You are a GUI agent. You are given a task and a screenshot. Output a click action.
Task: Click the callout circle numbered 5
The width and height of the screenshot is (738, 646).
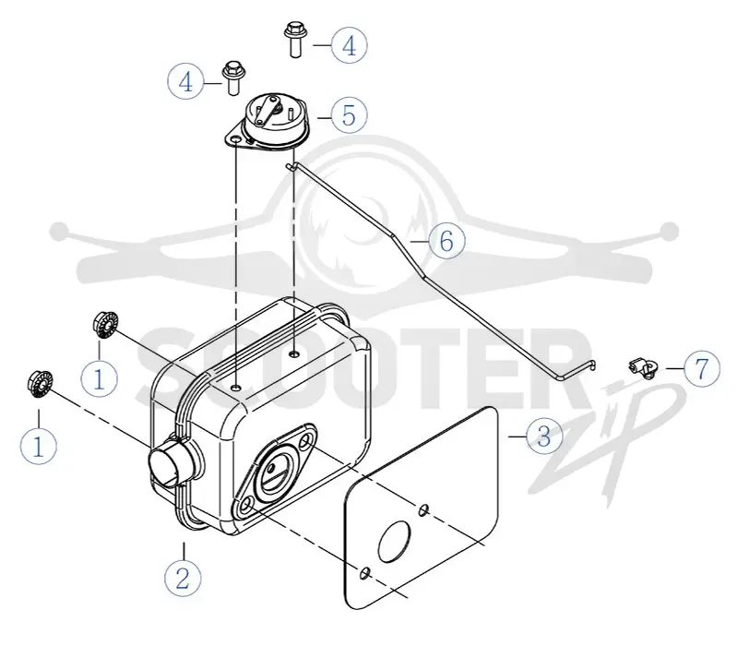click(349, 114)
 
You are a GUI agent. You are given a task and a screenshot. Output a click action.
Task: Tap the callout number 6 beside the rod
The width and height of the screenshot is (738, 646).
click(446, 241)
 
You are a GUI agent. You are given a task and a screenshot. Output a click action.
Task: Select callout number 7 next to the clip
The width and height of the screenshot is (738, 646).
click(701, 368)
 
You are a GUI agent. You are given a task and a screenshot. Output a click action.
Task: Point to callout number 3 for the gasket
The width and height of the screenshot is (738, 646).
click(544, 436)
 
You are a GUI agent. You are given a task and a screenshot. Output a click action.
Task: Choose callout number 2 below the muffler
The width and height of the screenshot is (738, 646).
click(183, 578)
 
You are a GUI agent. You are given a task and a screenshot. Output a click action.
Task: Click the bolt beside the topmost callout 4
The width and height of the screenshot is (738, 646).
click(294, 39)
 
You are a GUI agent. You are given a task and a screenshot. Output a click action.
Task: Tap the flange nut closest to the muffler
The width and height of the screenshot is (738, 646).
click(105, 324)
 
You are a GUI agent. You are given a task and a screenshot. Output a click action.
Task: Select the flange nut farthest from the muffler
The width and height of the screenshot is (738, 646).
click(40, 384)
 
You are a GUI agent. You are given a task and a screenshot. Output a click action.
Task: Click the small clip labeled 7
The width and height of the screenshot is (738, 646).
click(643, 367)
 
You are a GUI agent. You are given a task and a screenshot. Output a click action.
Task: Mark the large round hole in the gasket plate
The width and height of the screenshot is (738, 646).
click(394, 542)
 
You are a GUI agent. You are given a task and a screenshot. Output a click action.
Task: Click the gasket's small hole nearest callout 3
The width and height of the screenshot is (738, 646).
click(423, 509)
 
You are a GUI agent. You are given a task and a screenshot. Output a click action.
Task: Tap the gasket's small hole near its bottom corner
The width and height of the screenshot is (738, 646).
click(364, 573)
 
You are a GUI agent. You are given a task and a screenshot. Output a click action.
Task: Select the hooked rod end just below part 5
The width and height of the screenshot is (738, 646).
click(291, 165)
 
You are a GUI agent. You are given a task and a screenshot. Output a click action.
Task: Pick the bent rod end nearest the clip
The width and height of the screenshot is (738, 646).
click(590, 365)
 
